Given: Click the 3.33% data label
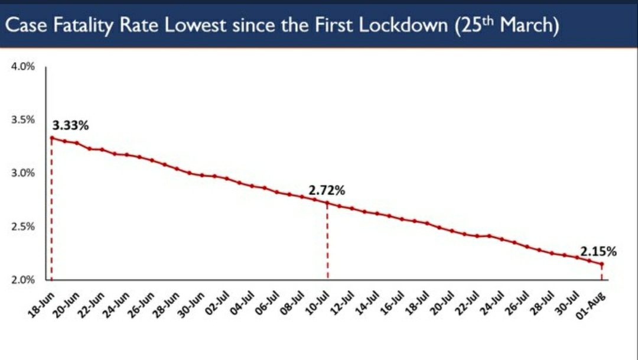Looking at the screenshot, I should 71,125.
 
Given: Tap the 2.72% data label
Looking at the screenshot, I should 327,191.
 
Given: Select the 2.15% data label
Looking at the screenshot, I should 598,252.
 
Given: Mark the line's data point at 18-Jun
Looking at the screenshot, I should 51,138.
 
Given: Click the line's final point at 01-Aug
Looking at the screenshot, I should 602,264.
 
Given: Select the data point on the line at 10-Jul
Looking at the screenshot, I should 327,203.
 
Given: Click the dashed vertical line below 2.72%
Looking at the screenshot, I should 327,242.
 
